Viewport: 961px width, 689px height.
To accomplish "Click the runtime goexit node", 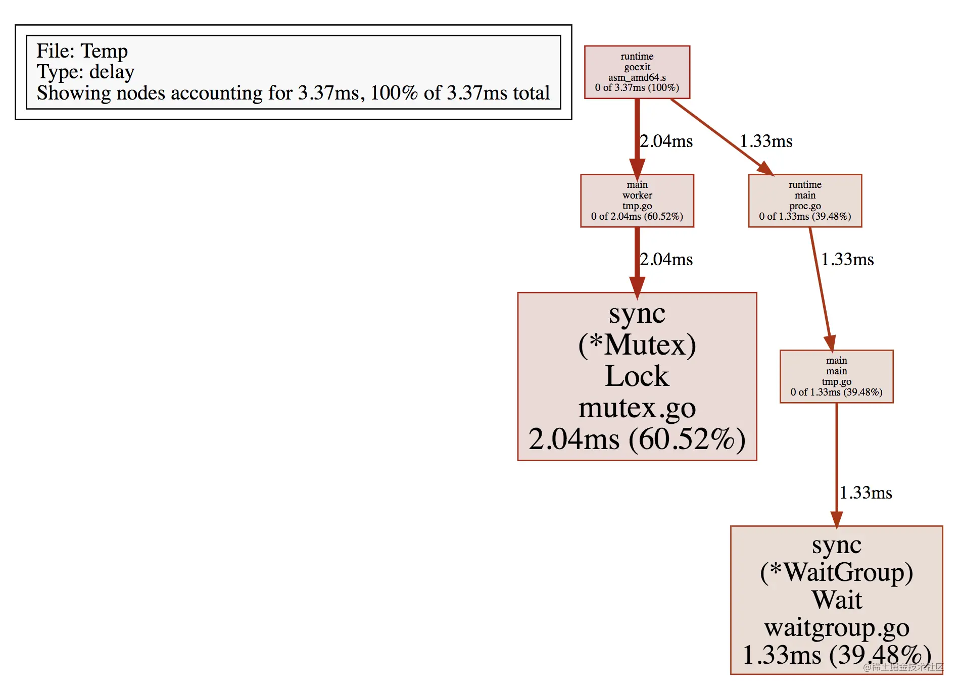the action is [637, 72].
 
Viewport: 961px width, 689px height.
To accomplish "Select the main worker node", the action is [637, 201].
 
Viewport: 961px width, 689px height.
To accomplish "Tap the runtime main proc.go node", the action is [805, 201].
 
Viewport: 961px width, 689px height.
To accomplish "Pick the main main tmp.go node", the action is [836, 376].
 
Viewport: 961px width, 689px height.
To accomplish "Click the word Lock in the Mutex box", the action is [637, 376].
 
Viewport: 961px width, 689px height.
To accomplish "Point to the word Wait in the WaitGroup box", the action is [837, 600].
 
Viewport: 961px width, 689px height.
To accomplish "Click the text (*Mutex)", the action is [637, 345].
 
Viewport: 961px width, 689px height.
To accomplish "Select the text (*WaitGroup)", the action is [837, 572].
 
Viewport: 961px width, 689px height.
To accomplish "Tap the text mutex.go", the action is [637, 408].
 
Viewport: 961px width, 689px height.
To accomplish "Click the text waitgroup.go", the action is [837, 628].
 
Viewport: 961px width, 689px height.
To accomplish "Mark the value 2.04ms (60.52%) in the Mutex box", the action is [637, 439].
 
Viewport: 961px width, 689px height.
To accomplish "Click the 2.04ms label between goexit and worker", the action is [666, 141].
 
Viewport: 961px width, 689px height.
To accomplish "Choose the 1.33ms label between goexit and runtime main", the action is [766, 141].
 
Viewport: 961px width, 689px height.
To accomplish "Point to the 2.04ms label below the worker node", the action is [666, 259].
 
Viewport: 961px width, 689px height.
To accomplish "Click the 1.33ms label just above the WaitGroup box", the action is [866, 493].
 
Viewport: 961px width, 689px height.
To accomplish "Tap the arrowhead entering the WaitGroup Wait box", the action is [837, 519].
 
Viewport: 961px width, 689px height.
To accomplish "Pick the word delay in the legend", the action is [112, 72].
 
